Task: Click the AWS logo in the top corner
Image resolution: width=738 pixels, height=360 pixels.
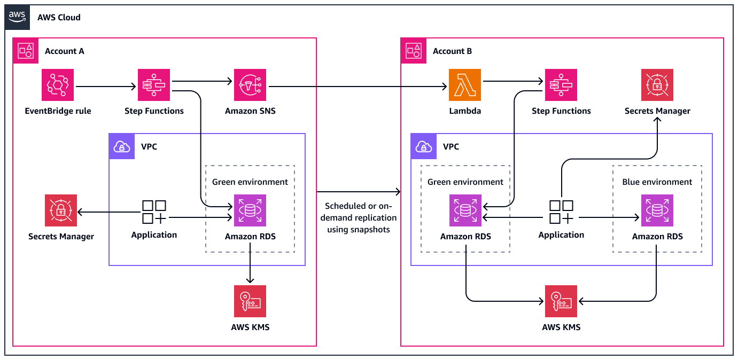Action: [17, 17]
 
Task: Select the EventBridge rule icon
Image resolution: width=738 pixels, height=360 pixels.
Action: [58, 85]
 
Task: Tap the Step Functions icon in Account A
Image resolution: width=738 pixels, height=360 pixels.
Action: [154, 85]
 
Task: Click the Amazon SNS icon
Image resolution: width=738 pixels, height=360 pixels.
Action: [250, 85]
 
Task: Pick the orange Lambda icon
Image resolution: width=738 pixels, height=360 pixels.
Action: [465, 85]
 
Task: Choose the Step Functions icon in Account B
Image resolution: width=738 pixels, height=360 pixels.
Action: [561, 85]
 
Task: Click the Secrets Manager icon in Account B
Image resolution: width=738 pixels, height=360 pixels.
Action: [657, 85]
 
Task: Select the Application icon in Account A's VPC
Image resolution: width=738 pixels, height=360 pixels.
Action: [154, 212]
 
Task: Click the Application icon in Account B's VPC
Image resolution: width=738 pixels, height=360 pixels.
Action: [561, 212]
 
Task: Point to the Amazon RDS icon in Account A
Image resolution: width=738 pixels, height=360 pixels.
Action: [250, 210]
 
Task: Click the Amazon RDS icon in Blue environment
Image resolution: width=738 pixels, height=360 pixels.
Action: [657, 210]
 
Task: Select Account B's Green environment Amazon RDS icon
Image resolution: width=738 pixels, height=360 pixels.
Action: [465, 210]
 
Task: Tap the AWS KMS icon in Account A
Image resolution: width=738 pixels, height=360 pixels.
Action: [250, 301]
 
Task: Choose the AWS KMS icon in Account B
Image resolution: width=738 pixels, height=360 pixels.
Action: [561, 301]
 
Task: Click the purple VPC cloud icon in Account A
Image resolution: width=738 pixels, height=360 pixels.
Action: [122, 146]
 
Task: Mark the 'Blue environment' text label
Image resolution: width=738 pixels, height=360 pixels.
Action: [657, 182]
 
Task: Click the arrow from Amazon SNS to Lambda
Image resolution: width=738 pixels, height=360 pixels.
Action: [358, 86]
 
